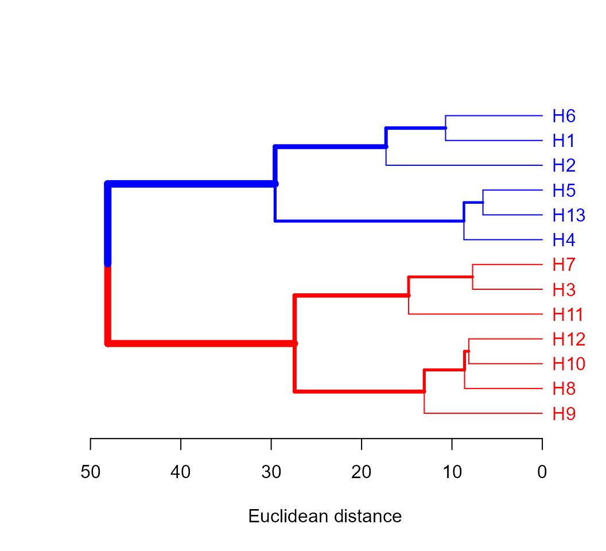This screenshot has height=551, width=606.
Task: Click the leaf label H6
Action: (x=564, y=116)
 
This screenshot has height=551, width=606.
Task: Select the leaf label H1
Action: (x=563, y=141)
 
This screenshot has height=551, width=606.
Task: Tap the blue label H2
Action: (x=564, y=165)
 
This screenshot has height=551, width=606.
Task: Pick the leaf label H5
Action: (x=564, y=191)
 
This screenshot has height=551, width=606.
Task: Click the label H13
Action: (x=568, y=215)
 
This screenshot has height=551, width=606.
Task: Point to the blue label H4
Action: (x=564, y=240)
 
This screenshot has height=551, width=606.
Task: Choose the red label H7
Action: (x=564, y=265)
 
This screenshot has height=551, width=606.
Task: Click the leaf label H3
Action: (x=564, y=290)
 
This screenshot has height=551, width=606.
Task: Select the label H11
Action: (x=568, y=315)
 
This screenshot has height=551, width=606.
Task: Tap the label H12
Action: (x=568, y=339)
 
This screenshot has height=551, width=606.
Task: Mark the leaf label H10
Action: (x=568, y=364)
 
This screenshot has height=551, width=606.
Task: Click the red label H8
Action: (x=564, y=389)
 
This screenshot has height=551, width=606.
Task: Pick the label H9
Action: (x=564, y=414)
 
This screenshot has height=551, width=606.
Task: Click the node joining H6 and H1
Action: (x=446, y=128)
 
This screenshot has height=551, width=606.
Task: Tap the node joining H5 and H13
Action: (x=483, y=202)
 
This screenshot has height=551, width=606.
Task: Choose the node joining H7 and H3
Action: (x=473, y=277)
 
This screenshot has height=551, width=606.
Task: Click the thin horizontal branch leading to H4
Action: (x=503, y=239)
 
